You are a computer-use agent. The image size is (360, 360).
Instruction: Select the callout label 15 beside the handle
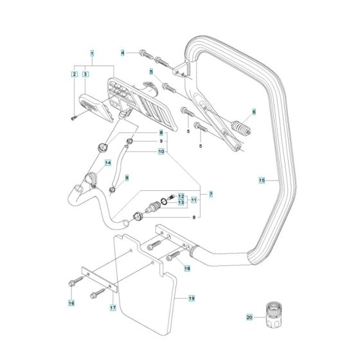[262, 181]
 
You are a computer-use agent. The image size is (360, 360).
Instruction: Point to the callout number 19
[192, 298]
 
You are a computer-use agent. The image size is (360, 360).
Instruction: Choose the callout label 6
[253, 112]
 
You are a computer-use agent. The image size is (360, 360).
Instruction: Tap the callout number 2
[74, 75]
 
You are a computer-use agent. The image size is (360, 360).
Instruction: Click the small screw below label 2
[75, 116]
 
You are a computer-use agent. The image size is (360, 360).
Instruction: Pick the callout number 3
[85, 75]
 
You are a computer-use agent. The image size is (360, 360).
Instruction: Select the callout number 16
[71, 301]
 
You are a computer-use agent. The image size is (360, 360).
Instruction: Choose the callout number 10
[161, 152]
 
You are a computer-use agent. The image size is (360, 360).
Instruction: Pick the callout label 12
[181, 195]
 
